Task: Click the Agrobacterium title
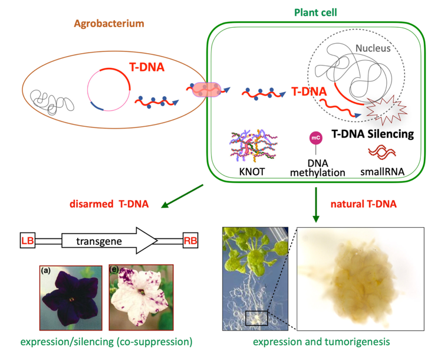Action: (x=109, y=24)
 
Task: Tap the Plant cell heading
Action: (x=315, y=12)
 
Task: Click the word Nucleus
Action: (x=373, y=48)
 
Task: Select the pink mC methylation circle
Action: (x=316, y=138)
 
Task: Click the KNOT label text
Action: (x=252, y=171)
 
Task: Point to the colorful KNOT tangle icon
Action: (x=254, y=146)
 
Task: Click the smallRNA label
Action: (x=382, y=171)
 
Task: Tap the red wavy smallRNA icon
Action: (x=382, y=152)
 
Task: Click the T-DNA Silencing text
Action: (x=373, y=134)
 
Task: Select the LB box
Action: (x=28, y=240)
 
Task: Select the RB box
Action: (x=190, y=240)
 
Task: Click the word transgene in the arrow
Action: (x=99, y=241)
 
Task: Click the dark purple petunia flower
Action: (x=71, y=298)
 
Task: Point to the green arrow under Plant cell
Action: (x=316, y=205)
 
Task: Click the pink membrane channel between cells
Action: (x=206, y=90)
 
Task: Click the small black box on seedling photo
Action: (x=256, y=318)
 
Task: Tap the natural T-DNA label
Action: (x=363, y=204)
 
